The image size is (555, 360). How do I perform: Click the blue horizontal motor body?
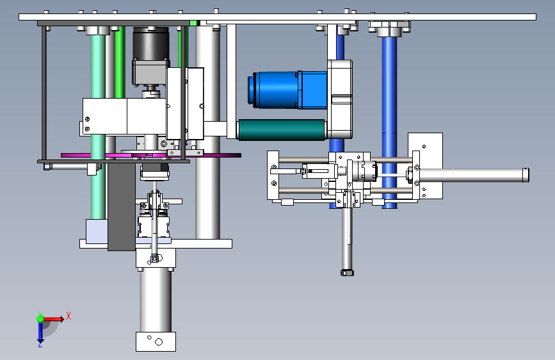point(287,90)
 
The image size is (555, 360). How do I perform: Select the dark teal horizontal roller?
point(282,129)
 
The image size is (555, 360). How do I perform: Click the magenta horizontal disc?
point(151,155)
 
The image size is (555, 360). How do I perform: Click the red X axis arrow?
point(54,319)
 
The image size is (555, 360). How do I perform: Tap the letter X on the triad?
point(68,316)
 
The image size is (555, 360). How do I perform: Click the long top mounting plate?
point(278,17)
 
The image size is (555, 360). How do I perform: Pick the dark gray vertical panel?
point(122,207)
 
